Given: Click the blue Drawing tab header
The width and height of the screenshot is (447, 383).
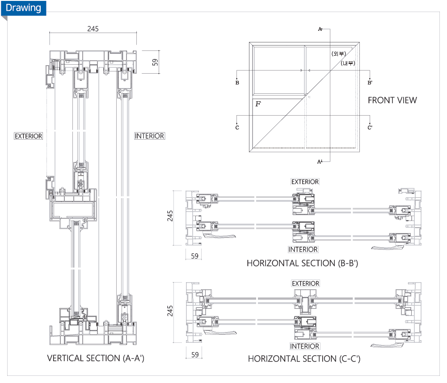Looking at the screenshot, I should pos(23,8).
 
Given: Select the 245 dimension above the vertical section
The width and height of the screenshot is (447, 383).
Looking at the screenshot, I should pos(93,29).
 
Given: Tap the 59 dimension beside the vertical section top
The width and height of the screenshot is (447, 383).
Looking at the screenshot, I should pos(155,62).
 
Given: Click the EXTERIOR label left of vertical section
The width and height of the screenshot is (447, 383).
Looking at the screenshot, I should pos(29,136).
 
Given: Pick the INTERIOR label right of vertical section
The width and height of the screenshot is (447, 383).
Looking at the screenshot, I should pos(150,136).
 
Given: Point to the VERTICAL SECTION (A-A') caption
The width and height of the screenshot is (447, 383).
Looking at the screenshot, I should pos(96,358).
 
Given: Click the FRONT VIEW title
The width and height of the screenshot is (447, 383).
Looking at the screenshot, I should pos(392,100).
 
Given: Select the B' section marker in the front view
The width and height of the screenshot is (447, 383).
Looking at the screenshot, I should pos(370,83).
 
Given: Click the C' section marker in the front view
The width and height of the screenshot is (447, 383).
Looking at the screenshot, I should pos(370,128).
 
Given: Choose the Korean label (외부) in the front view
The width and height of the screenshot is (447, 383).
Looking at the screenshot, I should pos(339,54).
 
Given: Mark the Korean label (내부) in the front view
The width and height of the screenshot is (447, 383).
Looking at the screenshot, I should pos(347,63).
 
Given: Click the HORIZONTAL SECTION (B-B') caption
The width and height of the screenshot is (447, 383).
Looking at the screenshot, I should pos(303,263).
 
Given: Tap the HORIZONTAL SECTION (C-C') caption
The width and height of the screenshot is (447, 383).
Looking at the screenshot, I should pos(304,358).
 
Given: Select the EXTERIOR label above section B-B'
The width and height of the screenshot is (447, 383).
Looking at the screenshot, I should pos(305,182).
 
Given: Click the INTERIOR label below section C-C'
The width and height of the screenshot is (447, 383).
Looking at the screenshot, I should pos(304,346).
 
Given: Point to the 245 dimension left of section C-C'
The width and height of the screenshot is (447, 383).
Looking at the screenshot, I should pos(170,311).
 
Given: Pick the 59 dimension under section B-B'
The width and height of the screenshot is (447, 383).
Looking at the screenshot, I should pos(194,256).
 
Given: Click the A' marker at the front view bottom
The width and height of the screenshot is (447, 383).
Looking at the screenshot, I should pos(320,161).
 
